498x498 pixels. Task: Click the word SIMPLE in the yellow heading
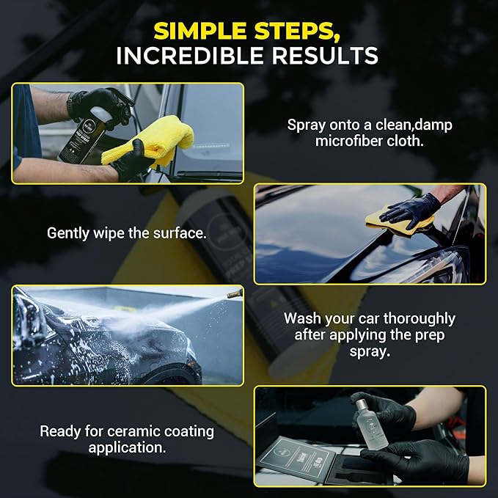pos(200,31)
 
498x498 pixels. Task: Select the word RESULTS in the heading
pos(325,56)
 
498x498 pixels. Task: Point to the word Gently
pos(68,233)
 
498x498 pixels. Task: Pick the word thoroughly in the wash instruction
pos(420,318)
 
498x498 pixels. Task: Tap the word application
pos(127,448)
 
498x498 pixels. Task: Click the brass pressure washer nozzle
pos(235,293)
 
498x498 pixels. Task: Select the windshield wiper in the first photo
pos(210,174)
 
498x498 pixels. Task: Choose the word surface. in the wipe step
pos(180,233)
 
